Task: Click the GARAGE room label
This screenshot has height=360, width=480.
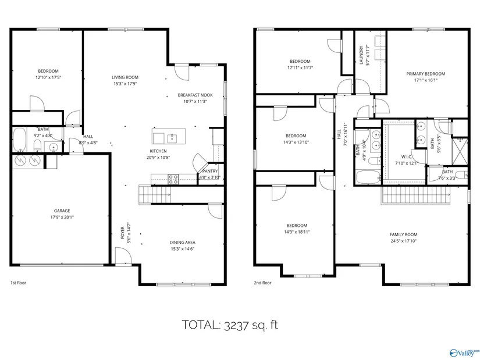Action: point(62,211)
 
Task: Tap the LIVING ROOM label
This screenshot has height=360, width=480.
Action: point(125,77)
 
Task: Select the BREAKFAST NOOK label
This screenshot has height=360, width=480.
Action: point(195,95)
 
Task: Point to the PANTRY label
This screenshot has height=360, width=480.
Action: point(209,171)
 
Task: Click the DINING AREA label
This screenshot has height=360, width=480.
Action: point(183,243)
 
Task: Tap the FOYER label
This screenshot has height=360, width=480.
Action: point(122,233)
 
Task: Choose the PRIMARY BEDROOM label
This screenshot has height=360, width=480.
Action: point(426,74)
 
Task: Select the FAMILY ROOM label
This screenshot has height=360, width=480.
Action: point(403,234)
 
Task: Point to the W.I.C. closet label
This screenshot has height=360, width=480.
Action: point(407,156)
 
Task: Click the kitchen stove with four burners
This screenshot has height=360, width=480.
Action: point(173,179)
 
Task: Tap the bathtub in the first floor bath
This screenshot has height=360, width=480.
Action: point(20,140)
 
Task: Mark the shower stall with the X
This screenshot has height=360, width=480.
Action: point(460,152)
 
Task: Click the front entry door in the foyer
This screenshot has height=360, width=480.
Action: point(123,256)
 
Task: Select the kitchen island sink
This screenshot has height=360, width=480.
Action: point(172,138)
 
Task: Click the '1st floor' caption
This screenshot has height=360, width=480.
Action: point(19,283)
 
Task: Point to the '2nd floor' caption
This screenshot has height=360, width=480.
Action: point(262,283)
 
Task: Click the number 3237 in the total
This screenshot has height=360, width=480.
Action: point(236,325)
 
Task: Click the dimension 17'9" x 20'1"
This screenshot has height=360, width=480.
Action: point(62,218)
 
